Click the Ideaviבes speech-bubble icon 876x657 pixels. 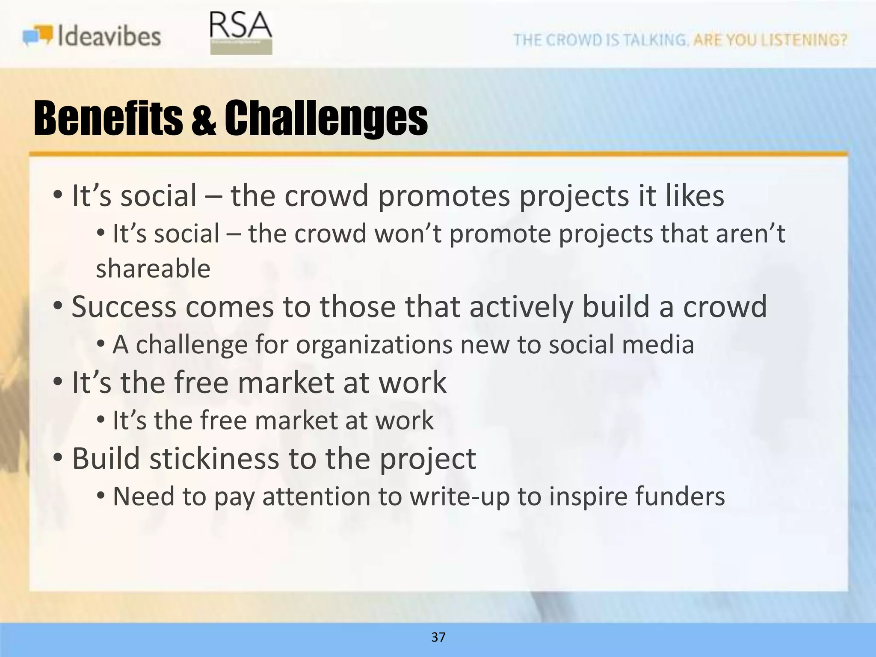(38, 36)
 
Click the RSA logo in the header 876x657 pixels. (241, 33)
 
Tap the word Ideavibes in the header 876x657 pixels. (109, 36)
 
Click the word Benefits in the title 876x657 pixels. (108, 118)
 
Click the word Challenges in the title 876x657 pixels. (326, 119)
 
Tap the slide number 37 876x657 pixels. (438, 637)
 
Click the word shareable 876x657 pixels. (153, 269)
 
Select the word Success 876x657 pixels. (124, 307)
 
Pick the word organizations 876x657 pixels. (374, 345)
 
